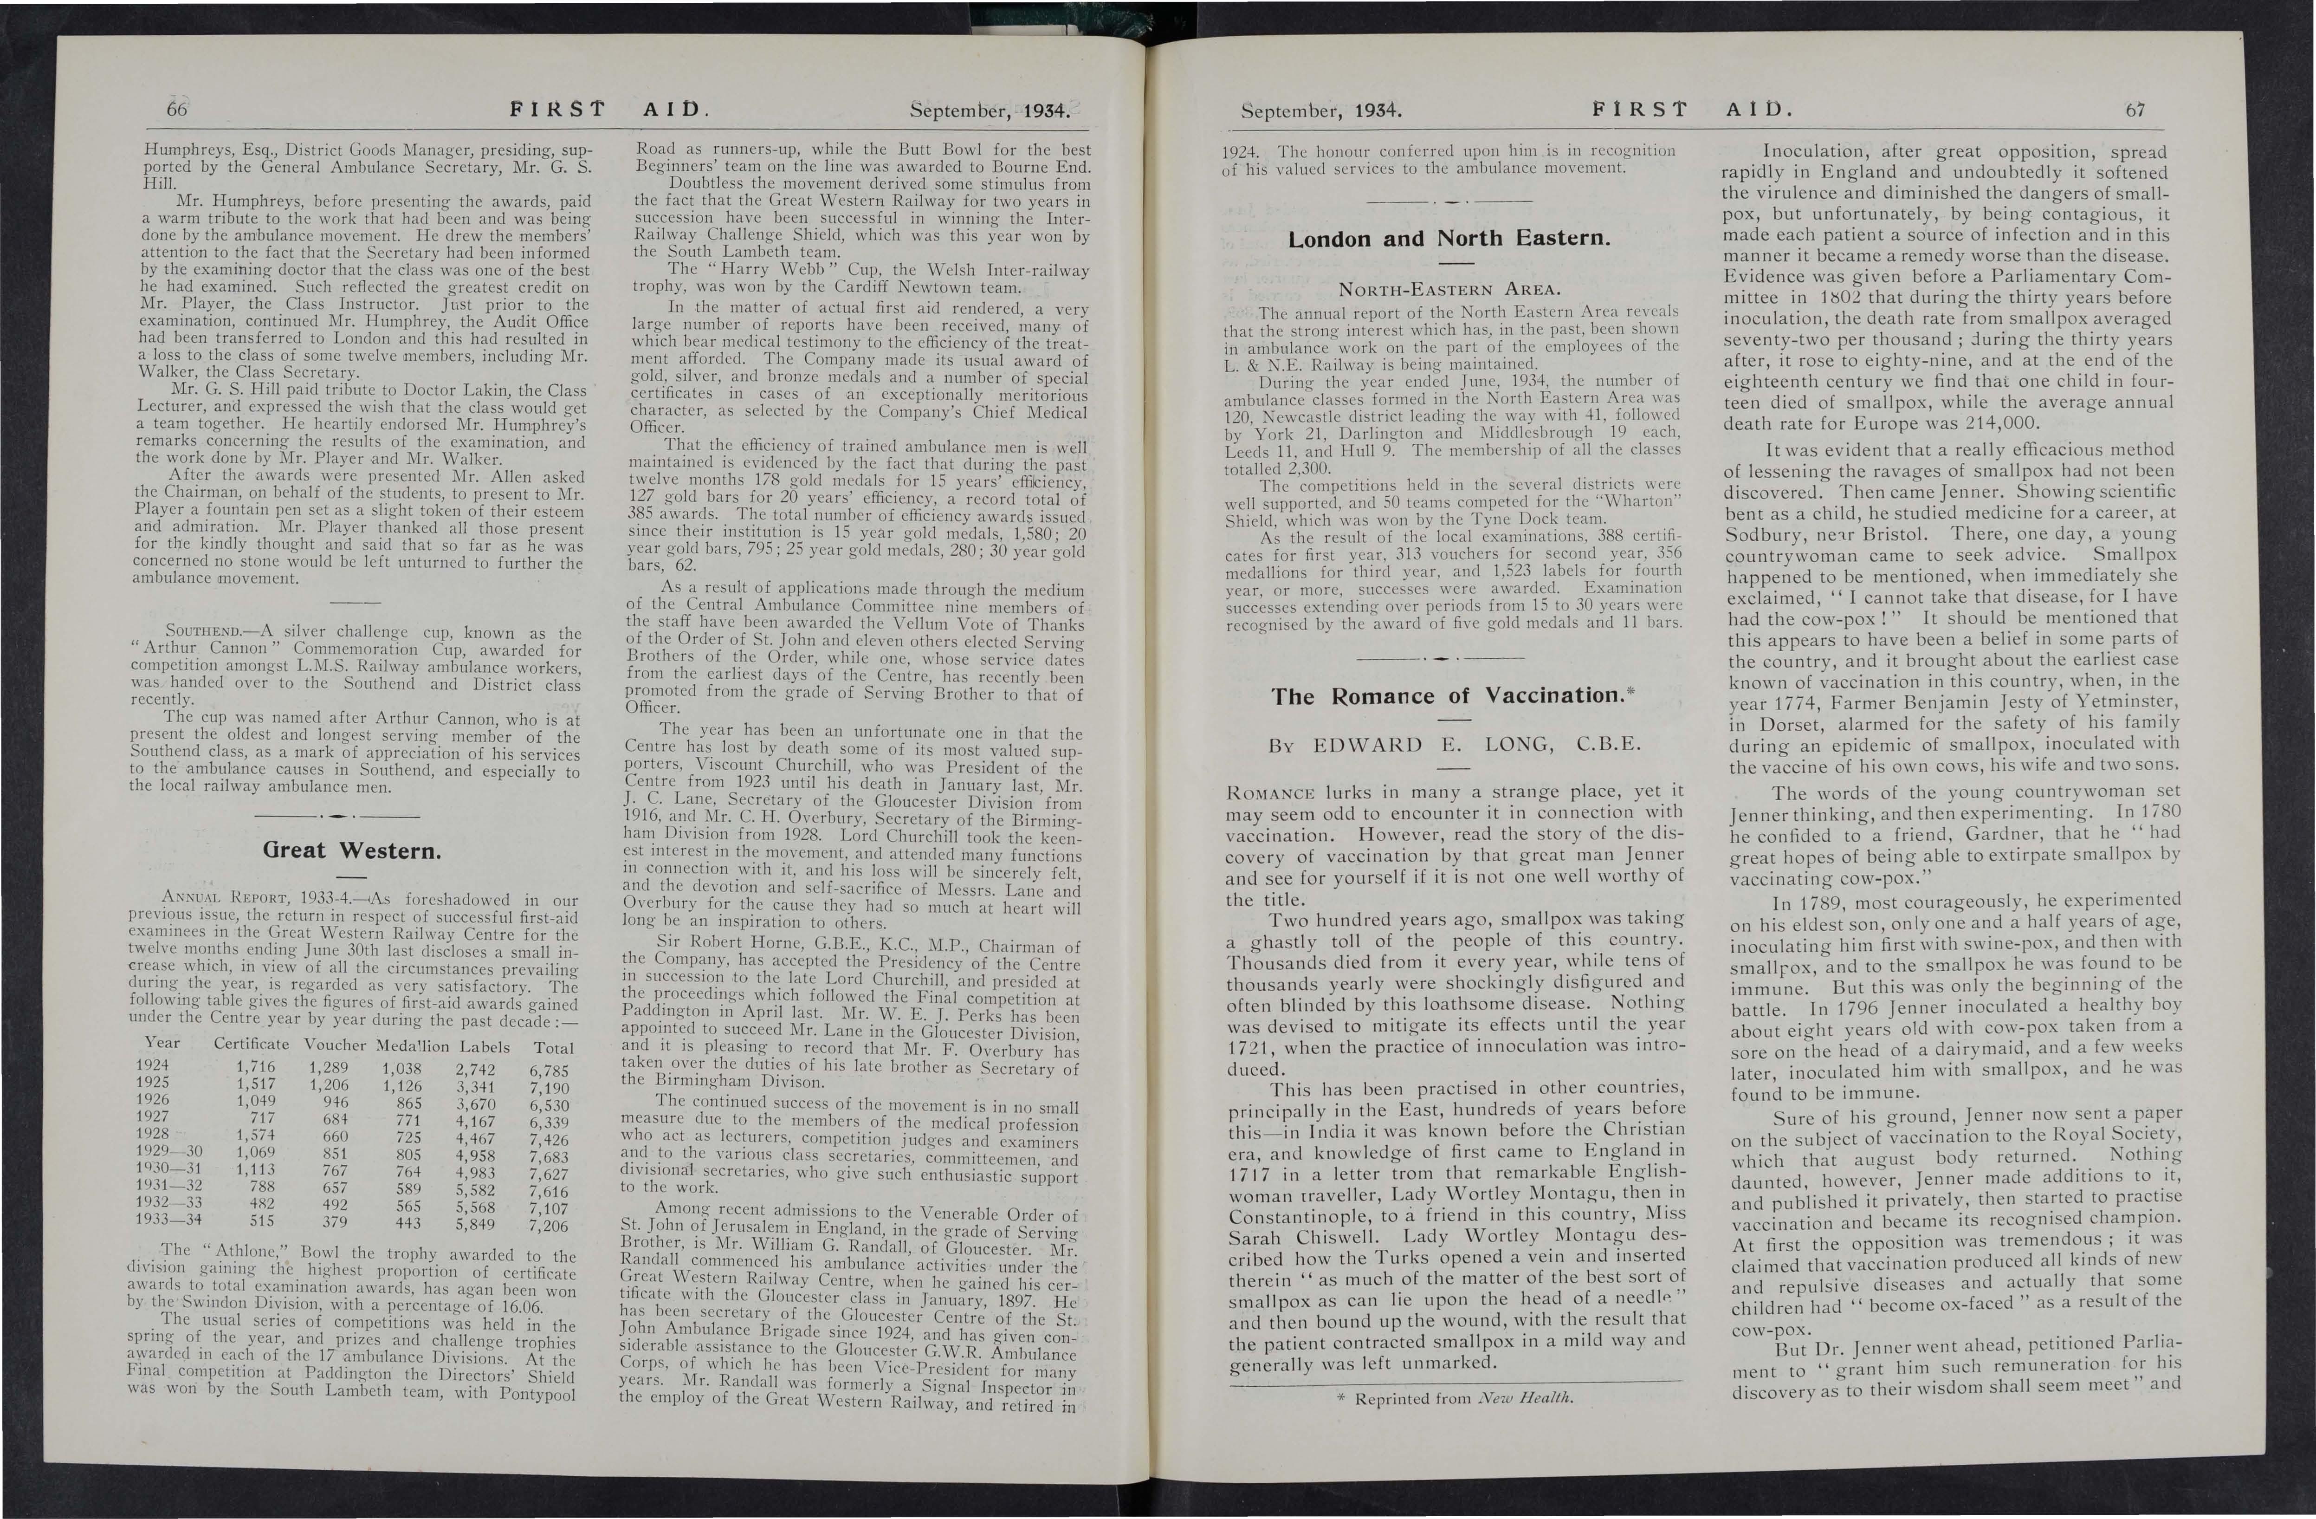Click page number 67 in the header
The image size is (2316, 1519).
pos(2135,110)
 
